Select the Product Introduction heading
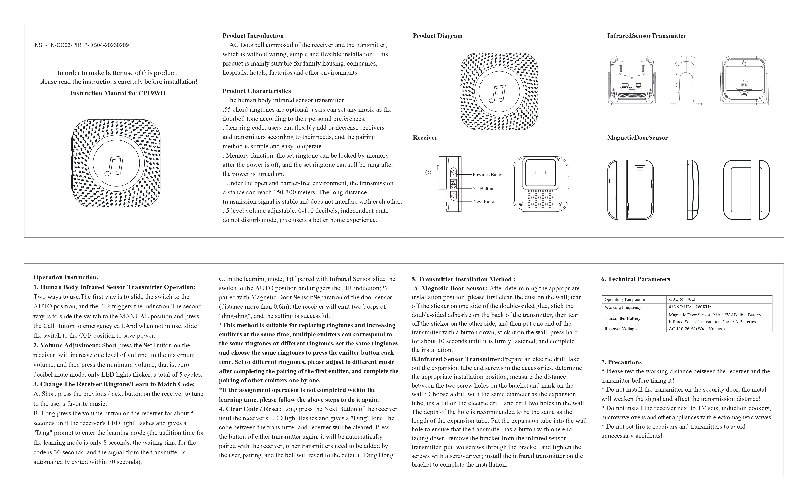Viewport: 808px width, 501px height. tap(253, 36)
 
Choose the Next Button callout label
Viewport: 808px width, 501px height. tap(485, 201)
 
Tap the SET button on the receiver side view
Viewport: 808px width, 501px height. tap(453, 183)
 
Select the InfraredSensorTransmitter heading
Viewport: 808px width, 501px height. tap(646, 36)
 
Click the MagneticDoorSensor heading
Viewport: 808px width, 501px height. tap(637, 138)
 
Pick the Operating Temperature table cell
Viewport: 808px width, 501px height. tap(625, 300)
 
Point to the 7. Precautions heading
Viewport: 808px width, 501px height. tap(621, 362)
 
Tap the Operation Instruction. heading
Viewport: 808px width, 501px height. tap(66, 277)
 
